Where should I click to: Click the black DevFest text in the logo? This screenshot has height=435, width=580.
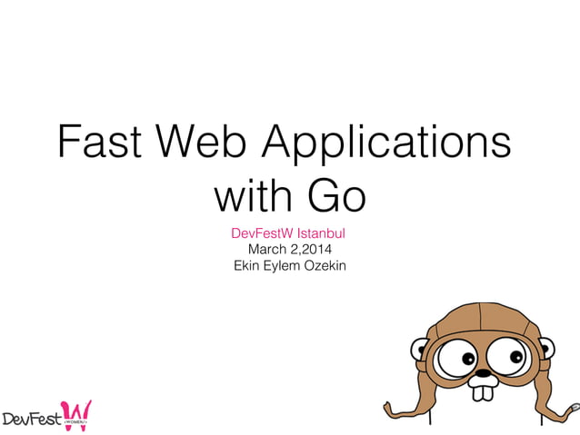31,419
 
